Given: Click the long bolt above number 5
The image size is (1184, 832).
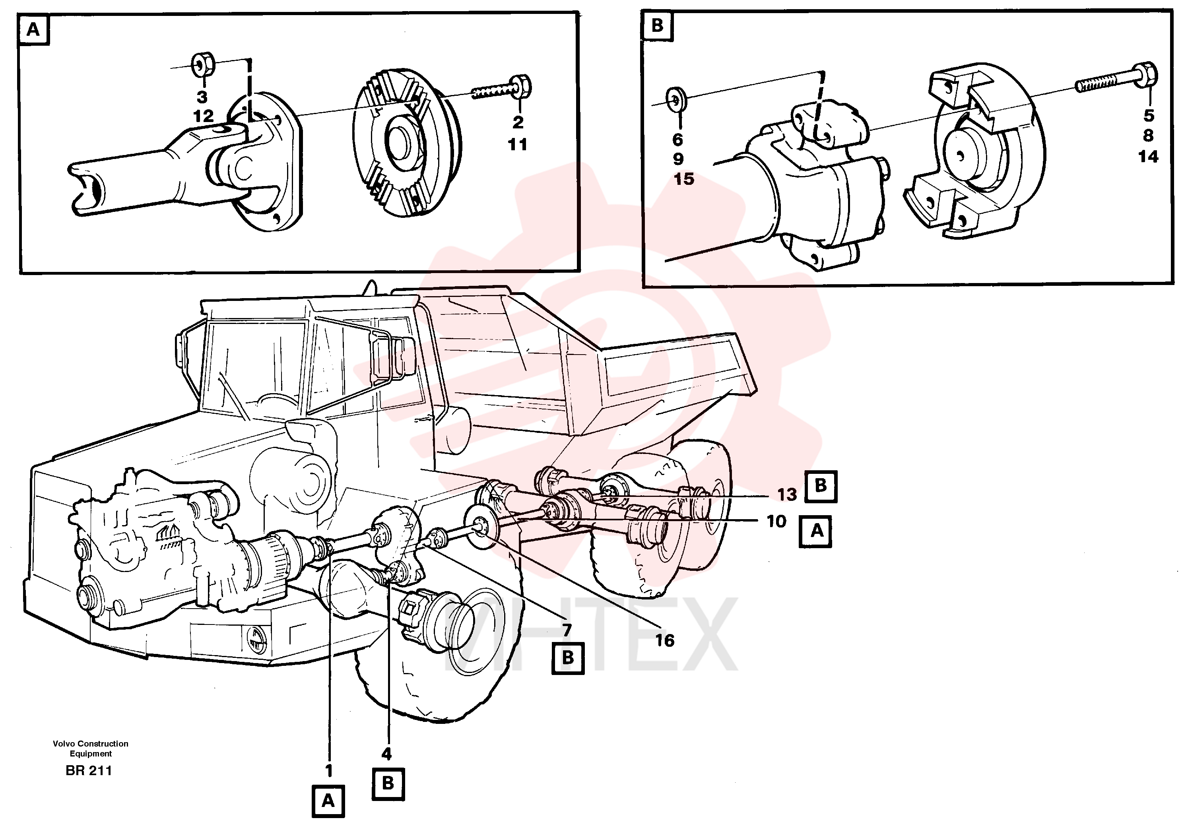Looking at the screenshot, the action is (x=1116, y=79).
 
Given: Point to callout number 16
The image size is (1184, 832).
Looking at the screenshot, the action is (x=665, y=641).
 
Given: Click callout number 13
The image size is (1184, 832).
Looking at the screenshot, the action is (x=787, y=495).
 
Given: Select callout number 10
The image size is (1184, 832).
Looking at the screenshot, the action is (x=776, y=522).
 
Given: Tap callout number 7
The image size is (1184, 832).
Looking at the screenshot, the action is (x=567, y=630).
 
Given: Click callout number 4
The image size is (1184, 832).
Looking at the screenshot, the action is (x=386, y=754).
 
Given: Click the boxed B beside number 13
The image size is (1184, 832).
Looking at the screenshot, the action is (x=821, y=486).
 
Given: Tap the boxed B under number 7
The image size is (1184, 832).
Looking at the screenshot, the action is (x=568, y=658).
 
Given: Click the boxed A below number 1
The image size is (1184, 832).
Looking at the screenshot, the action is (x=328, y=801).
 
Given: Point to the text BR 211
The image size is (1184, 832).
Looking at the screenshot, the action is (x=89, y=771).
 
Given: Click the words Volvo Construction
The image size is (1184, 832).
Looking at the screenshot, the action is (x=90, y=744).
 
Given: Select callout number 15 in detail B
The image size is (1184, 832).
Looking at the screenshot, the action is (x=684, y=179).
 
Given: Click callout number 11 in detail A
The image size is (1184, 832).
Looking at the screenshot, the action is (x=517, y=145).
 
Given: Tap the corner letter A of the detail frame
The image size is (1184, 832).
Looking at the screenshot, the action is (x=33, y=30).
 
